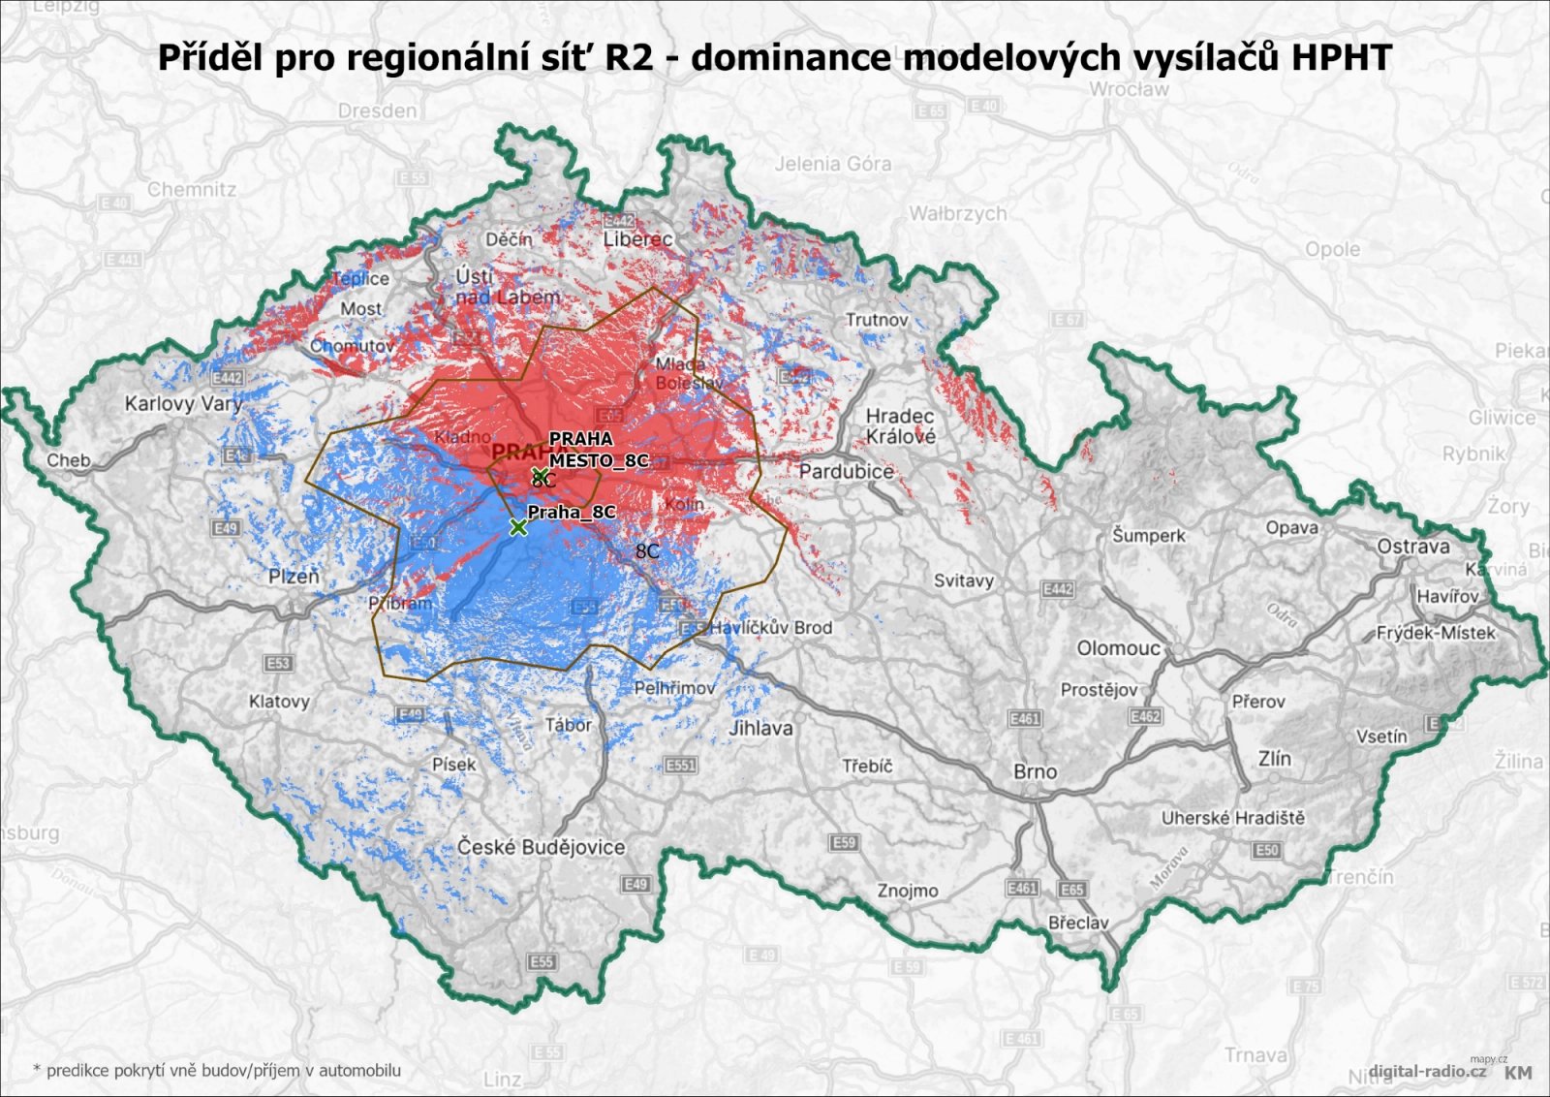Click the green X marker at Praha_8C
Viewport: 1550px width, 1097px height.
[x=518, y=527]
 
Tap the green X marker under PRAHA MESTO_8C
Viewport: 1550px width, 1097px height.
[x=540, y=475]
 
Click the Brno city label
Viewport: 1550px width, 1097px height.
[x=1035, y=771]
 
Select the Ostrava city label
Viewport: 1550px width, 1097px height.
[x=1413, y=547]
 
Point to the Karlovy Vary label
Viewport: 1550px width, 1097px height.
[x=183, y=403]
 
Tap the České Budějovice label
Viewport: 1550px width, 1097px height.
[x=542, y=847]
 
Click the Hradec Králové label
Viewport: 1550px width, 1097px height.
[x=901, y=426]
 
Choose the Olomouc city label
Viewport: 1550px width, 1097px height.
[x=1118, y=647]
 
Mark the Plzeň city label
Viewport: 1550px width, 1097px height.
[x=294, y=577]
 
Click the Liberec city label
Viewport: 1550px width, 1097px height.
[x=637, y=238]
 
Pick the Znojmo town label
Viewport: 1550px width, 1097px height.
[x=908, y=891]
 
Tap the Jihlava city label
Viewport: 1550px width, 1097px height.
[x=760, y=728]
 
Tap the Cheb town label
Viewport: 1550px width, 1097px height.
[x=68, y=460]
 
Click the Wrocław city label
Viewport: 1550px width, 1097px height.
[x=1129, y=89]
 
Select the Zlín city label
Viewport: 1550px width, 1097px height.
[x=1274, y=759]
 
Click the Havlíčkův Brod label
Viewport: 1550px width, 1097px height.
[x=771, y=627]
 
